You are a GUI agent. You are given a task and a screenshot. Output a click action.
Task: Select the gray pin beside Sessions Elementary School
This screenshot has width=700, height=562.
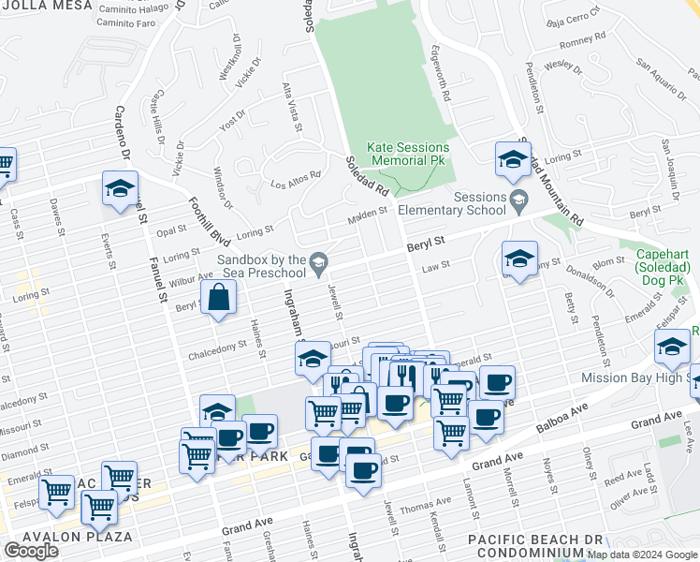point(518,197)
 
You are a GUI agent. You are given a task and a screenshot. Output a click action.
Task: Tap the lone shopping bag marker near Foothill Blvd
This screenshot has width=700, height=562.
point(218,300)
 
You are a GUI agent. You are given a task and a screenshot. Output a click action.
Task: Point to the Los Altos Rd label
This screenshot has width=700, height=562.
point(296,177)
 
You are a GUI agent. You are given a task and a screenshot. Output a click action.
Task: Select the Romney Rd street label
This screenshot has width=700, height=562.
point(583,42)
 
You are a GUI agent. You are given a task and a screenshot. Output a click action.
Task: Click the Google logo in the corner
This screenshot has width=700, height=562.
point(32,551)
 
